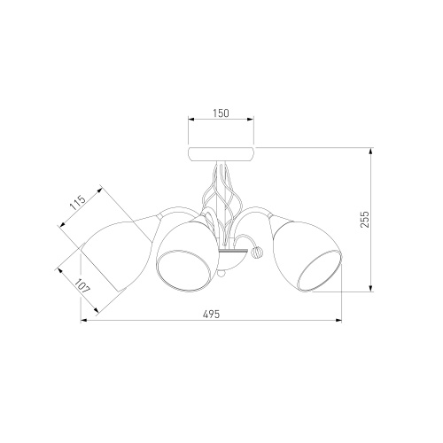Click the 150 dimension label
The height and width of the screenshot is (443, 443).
(x=221, y=113)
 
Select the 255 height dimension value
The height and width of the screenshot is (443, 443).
(x=365, y=219)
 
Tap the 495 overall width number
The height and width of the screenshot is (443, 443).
(x=212, y=314)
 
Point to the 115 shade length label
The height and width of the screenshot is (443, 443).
(x=78, y=202)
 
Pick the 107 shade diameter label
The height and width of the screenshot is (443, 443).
(x=82, y=286)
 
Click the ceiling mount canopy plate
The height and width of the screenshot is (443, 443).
(x=221, y=153)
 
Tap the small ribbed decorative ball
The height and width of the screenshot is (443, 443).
(x=256, y=253)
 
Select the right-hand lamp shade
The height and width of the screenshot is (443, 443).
(x=307, y=254)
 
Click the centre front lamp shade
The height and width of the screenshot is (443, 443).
(x=187, y=255)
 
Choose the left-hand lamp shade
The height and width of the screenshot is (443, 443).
(x=118, y=255)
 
